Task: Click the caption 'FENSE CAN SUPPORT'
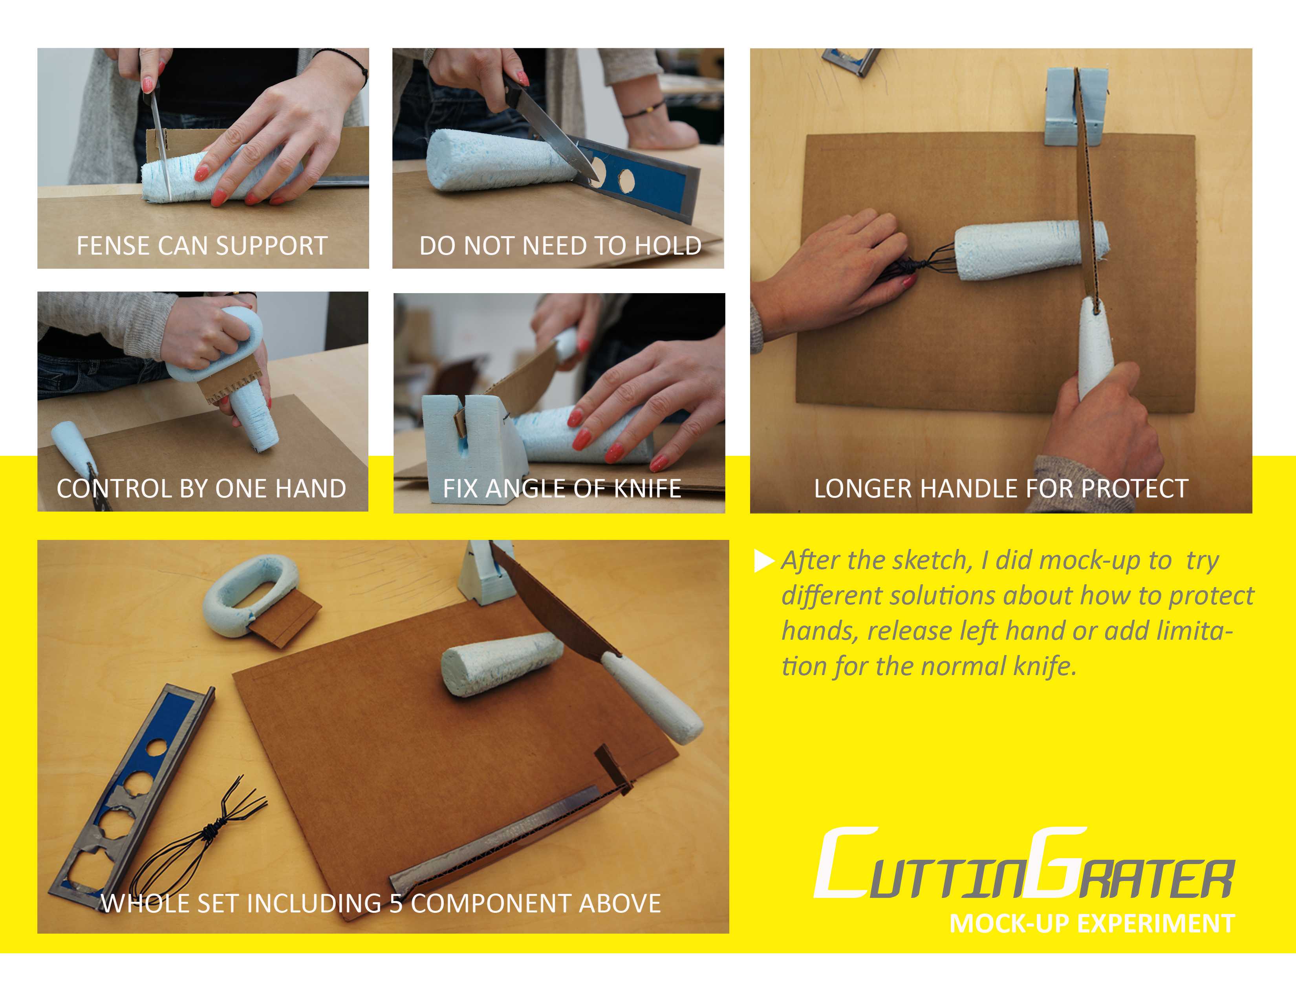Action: pos(202,246)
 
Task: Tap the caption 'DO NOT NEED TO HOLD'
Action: pos(560,246)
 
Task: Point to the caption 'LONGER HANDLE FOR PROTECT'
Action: pos(1001,488)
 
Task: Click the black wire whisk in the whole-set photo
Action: pos(196,837)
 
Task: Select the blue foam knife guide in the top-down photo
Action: pos(1074,107)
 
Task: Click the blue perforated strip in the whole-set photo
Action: pos(134,793)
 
